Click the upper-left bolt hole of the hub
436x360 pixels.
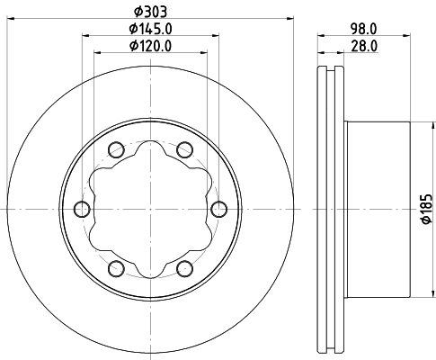point(116,149)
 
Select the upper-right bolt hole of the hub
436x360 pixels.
point(185,149)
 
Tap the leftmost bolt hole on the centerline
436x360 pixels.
point(82,209)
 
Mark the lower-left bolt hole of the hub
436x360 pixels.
point(116,268)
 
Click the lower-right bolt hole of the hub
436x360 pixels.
point(185,268)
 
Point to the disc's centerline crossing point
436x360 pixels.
point(150,209)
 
